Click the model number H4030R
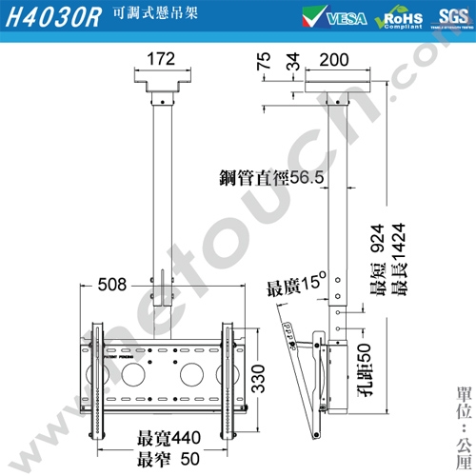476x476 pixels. tap(51, 19)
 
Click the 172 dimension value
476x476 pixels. tap(162, 60)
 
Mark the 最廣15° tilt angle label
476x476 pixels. tap(296, 287)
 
